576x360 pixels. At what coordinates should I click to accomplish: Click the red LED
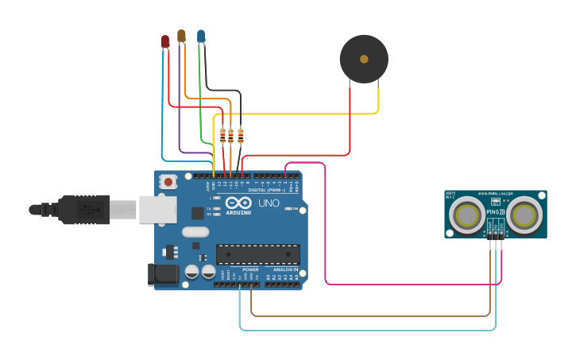pos(165,41)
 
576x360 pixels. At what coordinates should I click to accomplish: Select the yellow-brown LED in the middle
pos(181,35)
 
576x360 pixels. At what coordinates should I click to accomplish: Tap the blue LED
pos(201,36)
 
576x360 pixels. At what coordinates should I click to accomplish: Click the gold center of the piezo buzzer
pos(364,59)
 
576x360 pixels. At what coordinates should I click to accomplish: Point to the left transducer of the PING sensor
pos(466,215)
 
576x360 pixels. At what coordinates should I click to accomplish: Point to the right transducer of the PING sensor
pos(525,215)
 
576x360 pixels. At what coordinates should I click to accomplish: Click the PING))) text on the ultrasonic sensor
pos(495,212)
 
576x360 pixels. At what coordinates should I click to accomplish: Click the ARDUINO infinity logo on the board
pos(238,203)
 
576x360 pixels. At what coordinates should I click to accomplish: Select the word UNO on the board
pos(269,203)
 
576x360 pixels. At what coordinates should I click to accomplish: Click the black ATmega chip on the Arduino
pos(258,254)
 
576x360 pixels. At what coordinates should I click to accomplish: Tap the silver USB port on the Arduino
pos(158,209)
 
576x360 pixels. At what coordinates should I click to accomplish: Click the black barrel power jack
pos(164,274)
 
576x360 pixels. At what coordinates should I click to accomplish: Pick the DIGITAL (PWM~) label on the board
pos(266,190)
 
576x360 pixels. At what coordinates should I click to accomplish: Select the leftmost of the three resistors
pos(222,136)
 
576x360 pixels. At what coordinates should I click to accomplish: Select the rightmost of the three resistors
pos(241,136)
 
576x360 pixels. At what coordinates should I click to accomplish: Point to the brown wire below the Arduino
pos(373,315)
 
